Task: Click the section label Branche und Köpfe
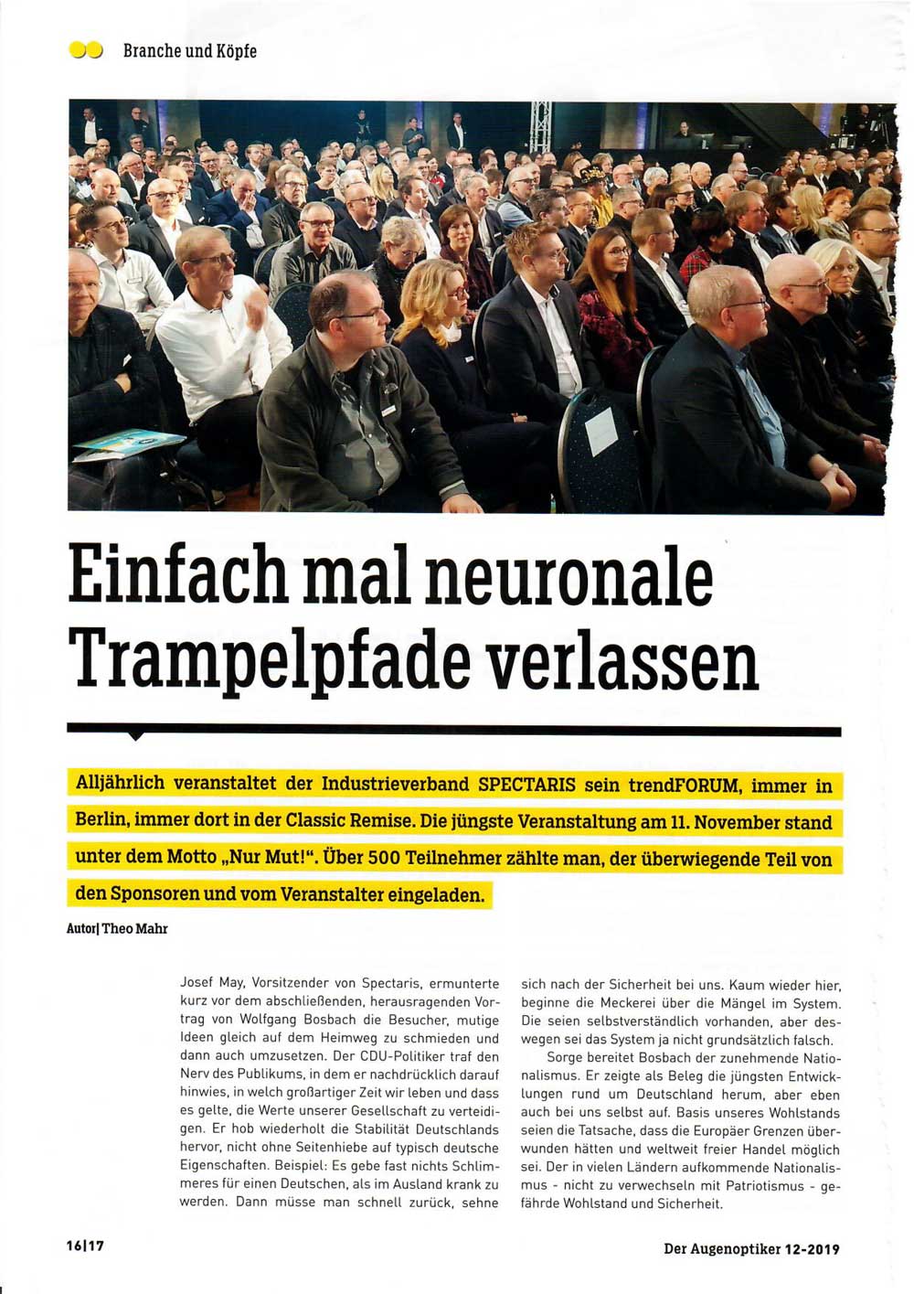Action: pos(190,51)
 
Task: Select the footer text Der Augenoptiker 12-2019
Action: pos(751,1248)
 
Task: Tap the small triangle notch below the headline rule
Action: pos(136,735)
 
